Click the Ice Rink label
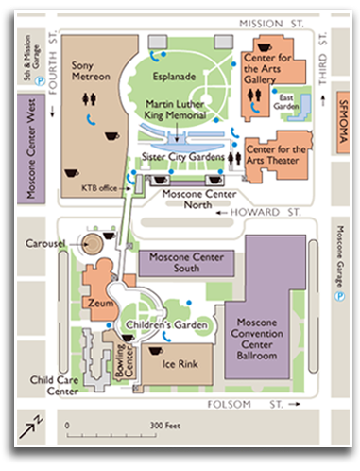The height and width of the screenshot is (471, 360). (180, 363)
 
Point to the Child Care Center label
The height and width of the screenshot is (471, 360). (54, 384)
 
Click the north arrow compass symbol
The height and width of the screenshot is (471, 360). (33, 428)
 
